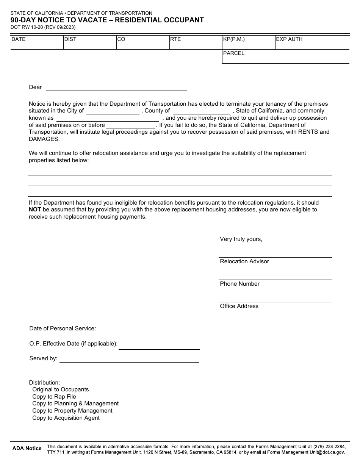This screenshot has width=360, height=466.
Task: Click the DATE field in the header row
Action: tap(37, 42)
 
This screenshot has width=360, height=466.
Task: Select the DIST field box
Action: tap(90, 42)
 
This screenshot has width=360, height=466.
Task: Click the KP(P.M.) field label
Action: tap(234, 39)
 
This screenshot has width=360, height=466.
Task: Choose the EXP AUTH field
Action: tap(312, 42)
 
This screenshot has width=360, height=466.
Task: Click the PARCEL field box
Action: tap(285, 57)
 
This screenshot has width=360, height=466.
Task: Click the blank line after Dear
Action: tap(116, 88)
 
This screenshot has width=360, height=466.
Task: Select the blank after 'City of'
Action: tap(113, 111)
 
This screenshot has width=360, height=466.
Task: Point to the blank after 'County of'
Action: tap(201, 111)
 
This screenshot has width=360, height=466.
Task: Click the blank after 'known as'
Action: tap(107, 118)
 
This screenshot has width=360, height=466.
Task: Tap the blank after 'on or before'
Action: tap(131, 125)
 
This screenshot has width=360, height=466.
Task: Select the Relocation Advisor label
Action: tap(244, 261)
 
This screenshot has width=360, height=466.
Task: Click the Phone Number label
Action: tap(239, 284)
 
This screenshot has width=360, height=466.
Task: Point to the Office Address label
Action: tap(239, 306)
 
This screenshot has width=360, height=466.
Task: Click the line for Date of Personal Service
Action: tap(150, 330)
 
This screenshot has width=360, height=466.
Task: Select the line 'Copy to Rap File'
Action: tap(54, 397)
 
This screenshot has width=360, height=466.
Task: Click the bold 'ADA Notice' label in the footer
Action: tap(27, 449)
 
